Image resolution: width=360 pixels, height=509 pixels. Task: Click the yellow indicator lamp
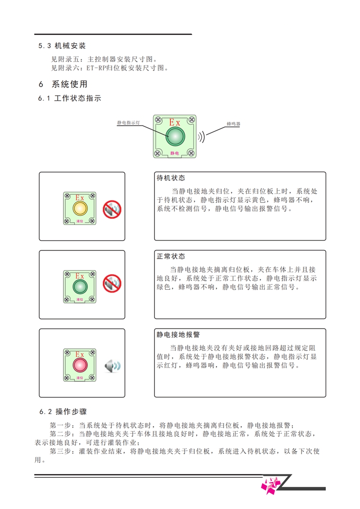click(x=80, y=208)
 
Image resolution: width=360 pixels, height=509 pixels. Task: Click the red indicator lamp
click(x=80, y=365)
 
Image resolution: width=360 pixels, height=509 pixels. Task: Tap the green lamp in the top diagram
click(x=176, y=136)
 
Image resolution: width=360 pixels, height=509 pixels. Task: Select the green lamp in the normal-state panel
click(x=80, y=286)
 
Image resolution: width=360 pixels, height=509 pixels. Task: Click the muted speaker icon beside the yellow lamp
click(x=112, y=209)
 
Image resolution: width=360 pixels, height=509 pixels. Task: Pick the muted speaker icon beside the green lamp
click(x=112, y=284)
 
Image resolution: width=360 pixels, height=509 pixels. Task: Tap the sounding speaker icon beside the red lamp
click(x=112, y=366)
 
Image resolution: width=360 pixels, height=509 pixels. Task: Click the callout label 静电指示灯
click(x=129, y=123)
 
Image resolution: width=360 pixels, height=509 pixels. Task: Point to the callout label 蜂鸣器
click(x=233, y=124)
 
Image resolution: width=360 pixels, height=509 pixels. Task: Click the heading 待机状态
click(x=171, y=178)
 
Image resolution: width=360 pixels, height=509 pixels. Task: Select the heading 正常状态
click(x=171, y=256)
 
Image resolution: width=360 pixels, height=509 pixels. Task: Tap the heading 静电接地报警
click(x=178, y=334)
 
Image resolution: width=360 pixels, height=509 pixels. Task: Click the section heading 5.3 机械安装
click(x=62, y=46)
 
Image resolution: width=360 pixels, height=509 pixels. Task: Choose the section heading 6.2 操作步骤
click(x=63, y=412)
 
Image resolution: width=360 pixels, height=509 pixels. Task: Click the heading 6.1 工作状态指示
click(x=70, y=98)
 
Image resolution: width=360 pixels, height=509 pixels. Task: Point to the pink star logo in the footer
click(x=270, y=485)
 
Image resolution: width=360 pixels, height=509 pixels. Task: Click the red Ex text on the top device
click(x=174, y=122)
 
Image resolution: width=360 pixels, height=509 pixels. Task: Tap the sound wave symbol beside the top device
click(x=202, y=137)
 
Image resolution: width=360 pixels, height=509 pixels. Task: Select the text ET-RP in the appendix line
click(x=95, y=68)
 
